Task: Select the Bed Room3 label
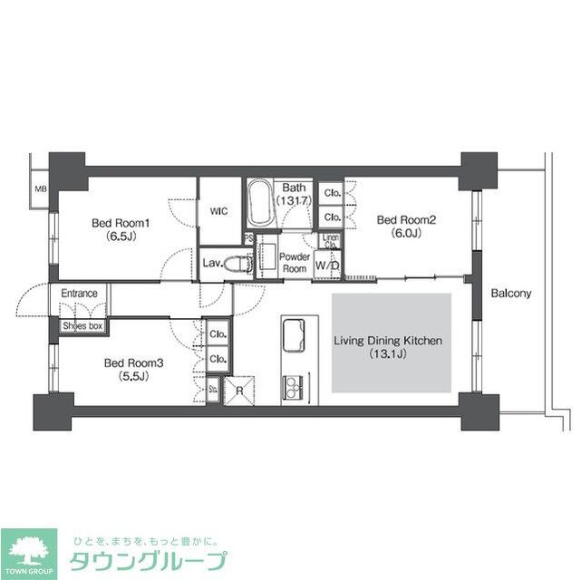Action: coord(125,369)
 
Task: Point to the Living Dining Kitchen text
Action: coord(388,347)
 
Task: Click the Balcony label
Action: coord(511,294)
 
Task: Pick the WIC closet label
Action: coord(218,211)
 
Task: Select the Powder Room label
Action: coord(295,263)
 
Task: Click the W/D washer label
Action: coord(327,266)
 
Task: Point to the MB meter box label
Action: coord(41,189)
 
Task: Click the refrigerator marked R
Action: coord(240,391)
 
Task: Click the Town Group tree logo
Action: coord(28,551)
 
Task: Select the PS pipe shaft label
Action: coord(248,239)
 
